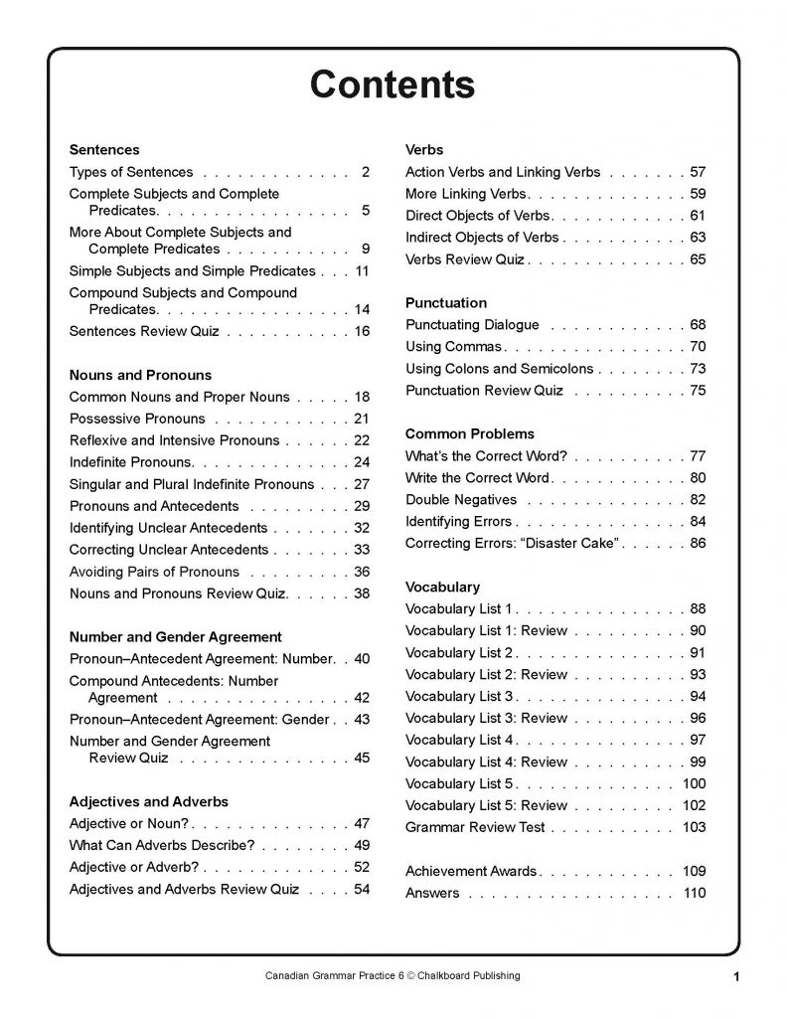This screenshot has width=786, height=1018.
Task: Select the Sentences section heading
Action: [x=104, y=150]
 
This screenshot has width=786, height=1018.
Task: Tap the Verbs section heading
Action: [x=424, y=150]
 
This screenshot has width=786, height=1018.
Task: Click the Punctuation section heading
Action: [x=446, y=302]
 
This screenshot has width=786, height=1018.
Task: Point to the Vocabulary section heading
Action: [x=442, y=587]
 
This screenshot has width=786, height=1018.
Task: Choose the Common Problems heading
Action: [x=470, y=433]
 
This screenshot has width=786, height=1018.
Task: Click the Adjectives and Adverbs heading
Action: [x=148, y=801]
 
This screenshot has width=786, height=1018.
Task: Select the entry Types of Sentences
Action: [x=131, y=172]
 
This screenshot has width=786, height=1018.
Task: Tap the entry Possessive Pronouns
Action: [x=137, y=419]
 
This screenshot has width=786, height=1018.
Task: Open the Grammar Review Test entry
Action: [x=475, y=827]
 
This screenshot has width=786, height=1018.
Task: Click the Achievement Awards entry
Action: [x=471, y=871]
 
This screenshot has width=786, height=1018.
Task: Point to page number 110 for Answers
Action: [x=694, y=893]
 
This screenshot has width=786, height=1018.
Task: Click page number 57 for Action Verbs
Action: [x=698, y=172]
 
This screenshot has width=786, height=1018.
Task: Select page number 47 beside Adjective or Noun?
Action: [x=362, y=823]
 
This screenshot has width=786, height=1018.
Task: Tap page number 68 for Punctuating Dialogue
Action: [x=698, y=325]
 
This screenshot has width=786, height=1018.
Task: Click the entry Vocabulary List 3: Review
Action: [x=486, y=718]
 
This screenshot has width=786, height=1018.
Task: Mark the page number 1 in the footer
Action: [x=736, y=977]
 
